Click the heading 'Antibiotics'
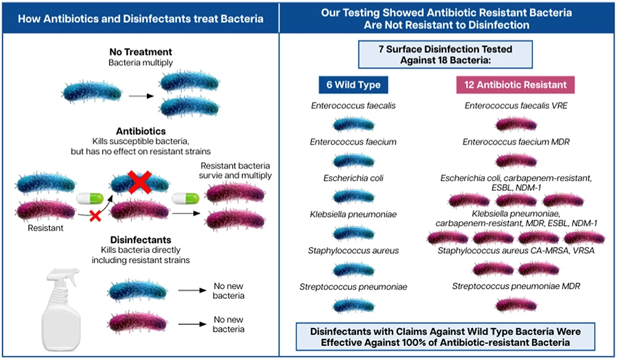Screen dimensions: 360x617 pos(141,132)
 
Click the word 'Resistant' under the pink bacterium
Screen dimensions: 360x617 pos(41,227)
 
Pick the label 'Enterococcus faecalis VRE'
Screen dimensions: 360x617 pos(516,106)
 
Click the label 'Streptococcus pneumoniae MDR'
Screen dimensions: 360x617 pos(516,287)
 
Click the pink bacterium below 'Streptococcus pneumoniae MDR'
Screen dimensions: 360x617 pos(516,304)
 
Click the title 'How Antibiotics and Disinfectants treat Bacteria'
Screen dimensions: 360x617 pos(140,19)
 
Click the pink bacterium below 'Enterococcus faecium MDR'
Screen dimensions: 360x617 pos(516,161)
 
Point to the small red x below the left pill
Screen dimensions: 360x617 pos(94,216)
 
